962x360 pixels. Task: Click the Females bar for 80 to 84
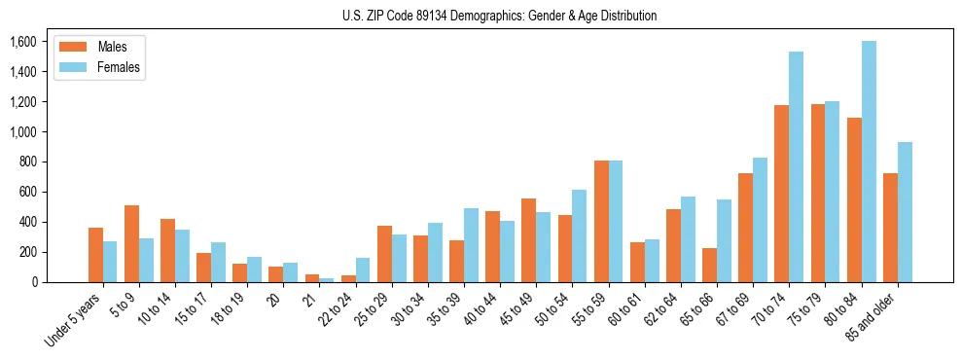pyautogui.click(x=869, y=162)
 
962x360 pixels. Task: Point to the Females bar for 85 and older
pyautogui.click(x=905, y=212)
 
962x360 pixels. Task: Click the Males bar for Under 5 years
pyautogui.click(x=95, y=255)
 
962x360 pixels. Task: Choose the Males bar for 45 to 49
pyautogui.click(x=529, y=240)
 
